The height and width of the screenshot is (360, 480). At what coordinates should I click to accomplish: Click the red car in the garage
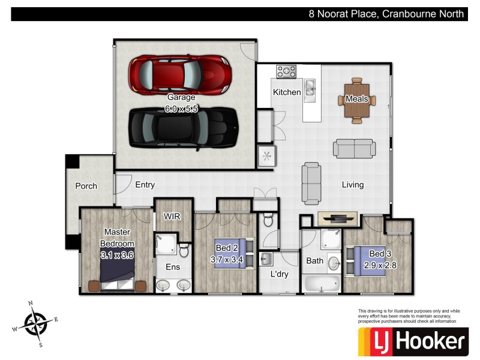(x=180, y=74)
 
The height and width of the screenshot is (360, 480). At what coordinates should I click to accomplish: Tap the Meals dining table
(x=357, y=99)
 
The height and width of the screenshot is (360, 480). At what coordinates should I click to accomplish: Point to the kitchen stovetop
(x=287, y=71)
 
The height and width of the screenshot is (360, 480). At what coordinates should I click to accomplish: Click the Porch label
(x=86, y=186)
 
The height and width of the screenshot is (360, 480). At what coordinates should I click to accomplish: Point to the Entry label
(x=145, y=185)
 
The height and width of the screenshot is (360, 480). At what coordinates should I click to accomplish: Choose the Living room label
(x=353, y=185)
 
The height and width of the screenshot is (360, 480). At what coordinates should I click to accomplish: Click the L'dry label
(x=280, y=274)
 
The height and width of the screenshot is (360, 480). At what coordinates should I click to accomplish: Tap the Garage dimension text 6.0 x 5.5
(x=181, y=109)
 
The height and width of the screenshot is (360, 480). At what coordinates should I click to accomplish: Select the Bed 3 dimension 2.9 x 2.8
(x=382, y=264)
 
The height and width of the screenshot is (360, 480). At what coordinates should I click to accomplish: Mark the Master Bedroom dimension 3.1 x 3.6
(x=117, y=254)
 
